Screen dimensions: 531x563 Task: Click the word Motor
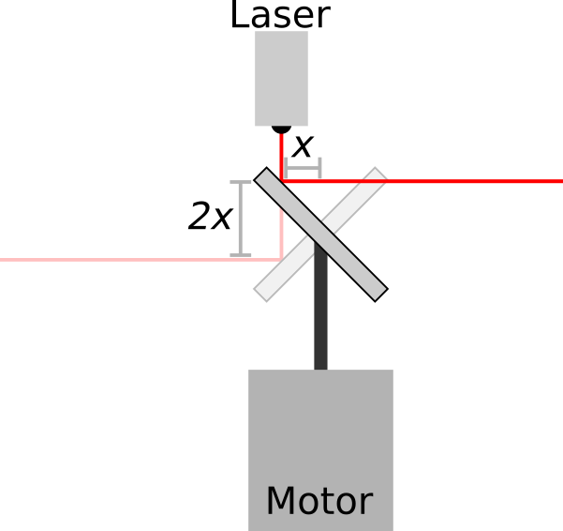[319, 502]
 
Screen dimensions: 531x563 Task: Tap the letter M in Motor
[280, 502]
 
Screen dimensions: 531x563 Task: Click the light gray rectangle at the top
[281, 78]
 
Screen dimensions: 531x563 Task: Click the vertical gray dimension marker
[241, 218]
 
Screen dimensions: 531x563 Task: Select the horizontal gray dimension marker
[303, 168]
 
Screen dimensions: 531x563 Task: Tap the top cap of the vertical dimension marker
[241, 182]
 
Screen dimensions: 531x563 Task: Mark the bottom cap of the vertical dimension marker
[241, 254]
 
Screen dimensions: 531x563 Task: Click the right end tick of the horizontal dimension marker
[320, 168]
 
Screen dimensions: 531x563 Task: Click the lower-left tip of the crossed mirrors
[263, 293]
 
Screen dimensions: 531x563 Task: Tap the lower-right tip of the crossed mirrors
[378, 293]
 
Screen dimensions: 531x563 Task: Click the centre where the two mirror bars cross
[320, 235]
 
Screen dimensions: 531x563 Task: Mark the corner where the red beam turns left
[281, 259]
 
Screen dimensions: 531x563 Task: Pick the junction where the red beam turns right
[282, 181]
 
